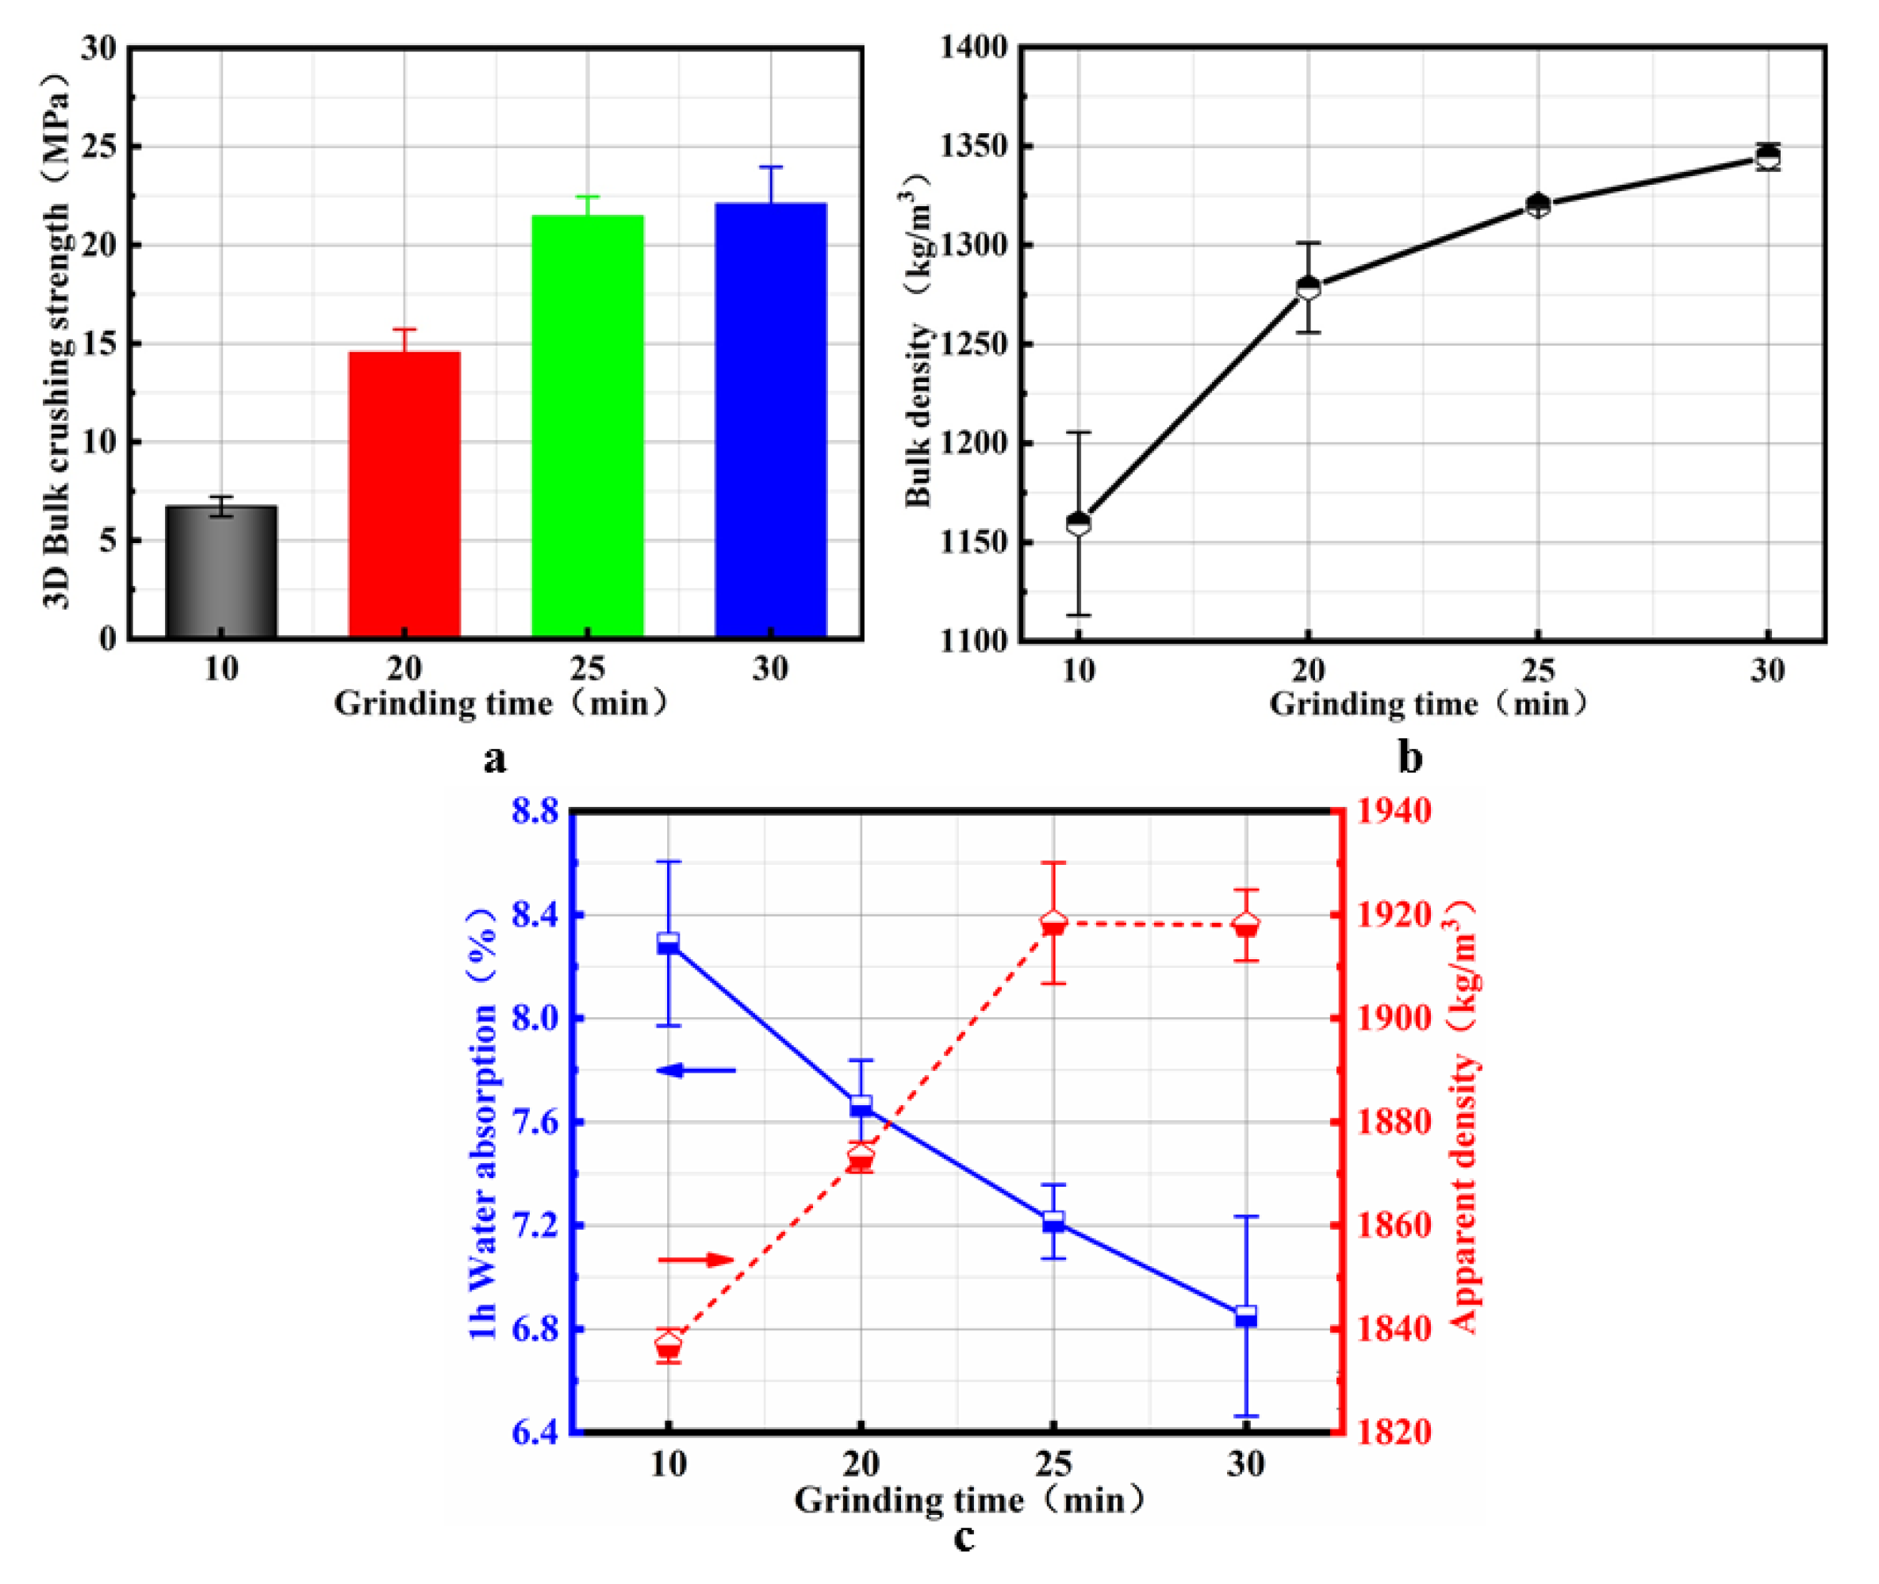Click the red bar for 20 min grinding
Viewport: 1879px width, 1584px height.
[x=405, y=494]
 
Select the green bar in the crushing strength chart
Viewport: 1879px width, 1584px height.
[x=588, y=426]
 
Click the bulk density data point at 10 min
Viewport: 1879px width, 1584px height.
[x=1079, y=522]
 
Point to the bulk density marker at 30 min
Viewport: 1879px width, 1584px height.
[x=1768, y=157]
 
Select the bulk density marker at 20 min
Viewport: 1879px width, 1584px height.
[x=1309, y=287]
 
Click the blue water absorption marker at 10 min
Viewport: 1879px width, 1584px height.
[x=669, y=943]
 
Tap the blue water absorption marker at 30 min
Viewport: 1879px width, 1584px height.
[x=1246, y=1316]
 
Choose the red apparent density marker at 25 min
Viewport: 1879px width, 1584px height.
[x=1053, y=924]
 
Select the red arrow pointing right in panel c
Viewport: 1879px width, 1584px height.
[x=697, y=1260]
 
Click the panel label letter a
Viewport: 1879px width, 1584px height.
[x=495, y=759]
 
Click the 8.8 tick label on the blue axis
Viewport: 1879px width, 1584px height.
[x=535, y=811]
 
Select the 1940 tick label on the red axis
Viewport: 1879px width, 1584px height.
[x=1393, y=811]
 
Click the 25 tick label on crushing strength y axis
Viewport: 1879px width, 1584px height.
[x=99, y=147]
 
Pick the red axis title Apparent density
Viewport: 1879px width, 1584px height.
[x=1464, y=1194]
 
